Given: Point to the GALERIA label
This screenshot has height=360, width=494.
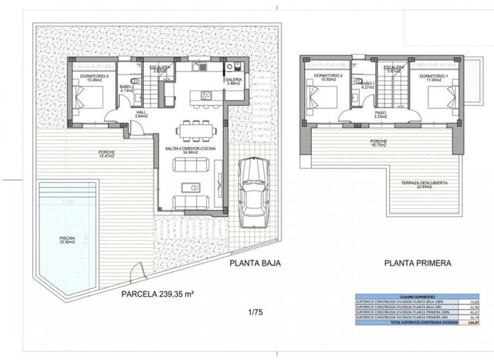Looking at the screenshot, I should tap(233, 81).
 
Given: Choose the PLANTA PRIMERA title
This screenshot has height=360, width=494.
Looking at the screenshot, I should tap(418, 264).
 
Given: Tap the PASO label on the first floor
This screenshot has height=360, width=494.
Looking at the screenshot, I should tap(380, 114).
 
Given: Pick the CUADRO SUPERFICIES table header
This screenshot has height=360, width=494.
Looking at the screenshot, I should tap(399, 296).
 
